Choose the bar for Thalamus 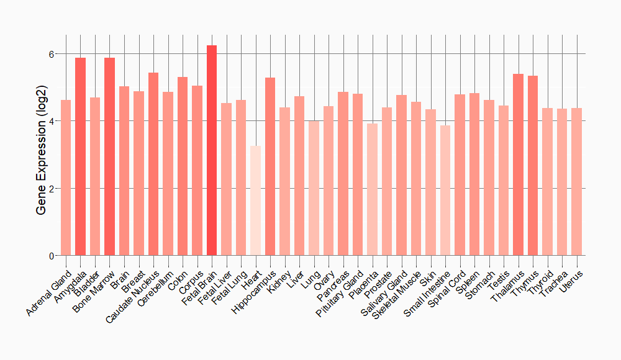(x=518, y=164)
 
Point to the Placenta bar (x=372, y=189)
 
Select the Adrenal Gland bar (x=66, y=178)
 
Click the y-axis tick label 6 (x=52, y=54)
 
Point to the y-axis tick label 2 (x=52, y=189)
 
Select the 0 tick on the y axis (x=52, y=256)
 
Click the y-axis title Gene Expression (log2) (x=41, y=155)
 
